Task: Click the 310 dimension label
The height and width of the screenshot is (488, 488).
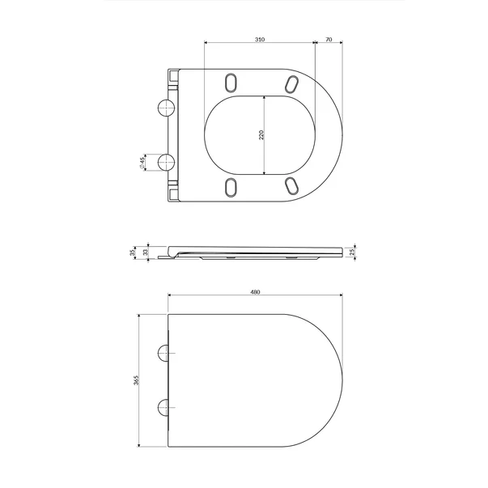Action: coord(259,38)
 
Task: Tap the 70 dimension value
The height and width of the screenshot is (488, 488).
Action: coord(329,38)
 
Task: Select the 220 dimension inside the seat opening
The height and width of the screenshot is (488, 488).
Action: coord(261,134)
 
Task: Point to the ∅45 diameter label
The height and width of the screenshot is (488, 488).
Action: coord(142,161)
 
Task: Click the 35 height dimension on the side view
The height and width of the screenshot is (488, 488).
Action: coord(134,252)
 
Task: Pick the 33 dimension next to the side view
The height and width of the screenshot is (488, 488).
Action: coord(146,252)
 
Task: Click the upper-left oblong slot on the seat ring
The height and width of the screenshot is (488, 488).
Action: coord(229,82)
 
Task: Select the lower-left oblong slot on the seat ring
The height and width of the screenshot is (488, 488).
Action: coord(229,187)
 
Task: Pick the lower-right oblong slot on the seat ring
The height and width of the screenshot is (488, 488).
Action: coord(291,186)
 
